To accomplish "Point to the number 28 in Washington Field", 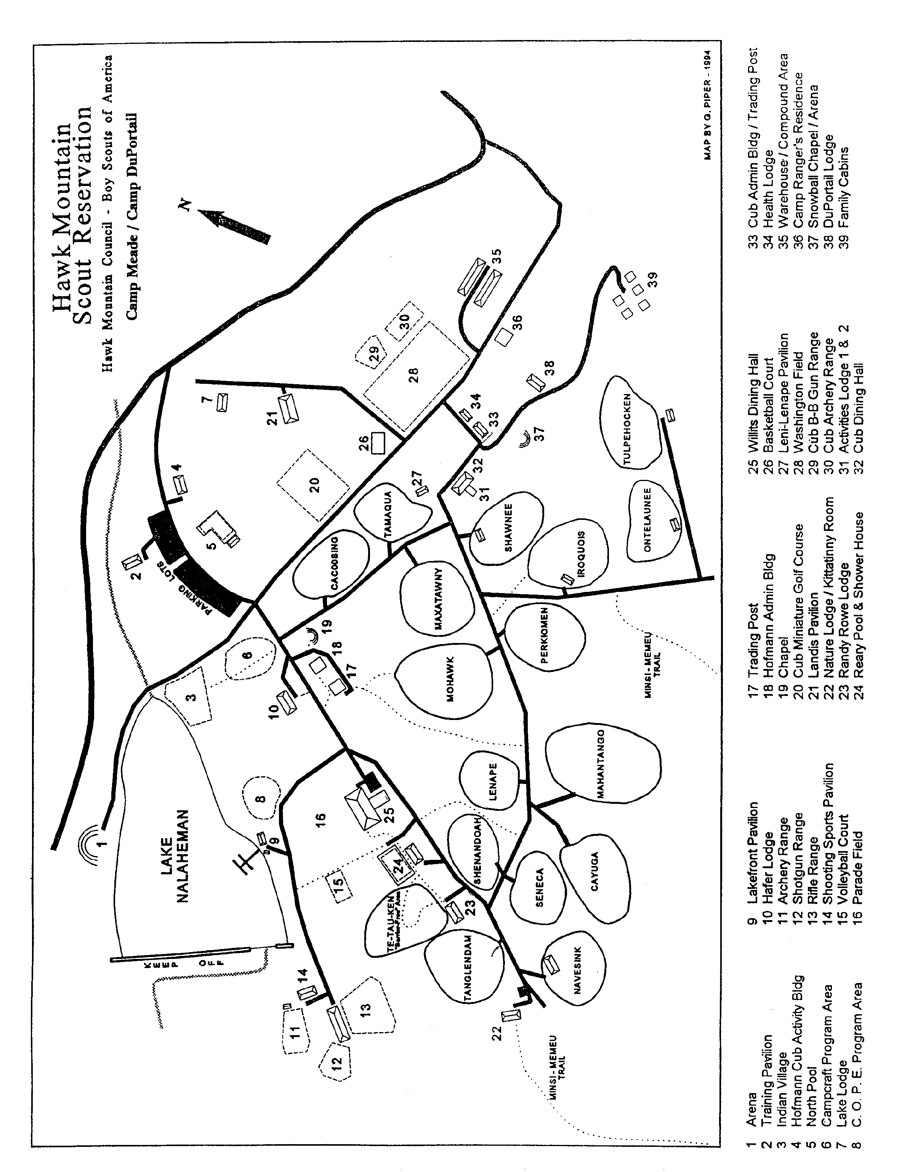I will tap(413, 374).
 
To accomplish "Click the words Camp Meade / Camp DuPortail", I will tap(132, 216).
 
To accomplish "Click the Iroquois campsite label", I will tap(581, 553).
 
